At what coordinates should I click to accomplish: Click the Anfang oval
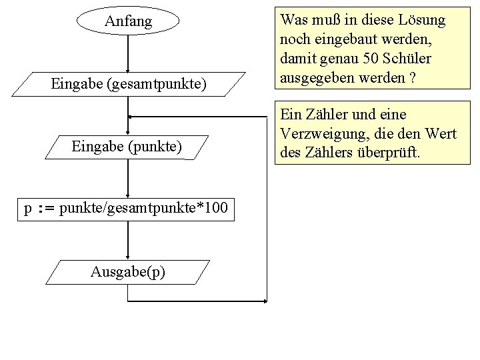pyautogui.click(x=128, y=21)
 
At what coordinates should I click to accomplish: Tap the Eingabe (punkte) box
pyautogui.click(x=127, y=145)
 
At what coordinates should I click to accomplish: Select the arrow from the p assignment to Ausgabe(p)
pyautogui.click(x=128, y=240)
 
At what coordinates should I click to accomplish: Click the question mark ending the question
pyautogui.click(x=413, y=78)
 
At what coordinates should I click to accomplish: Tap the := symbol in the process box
pyautogui.click(x=45, y=209)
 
